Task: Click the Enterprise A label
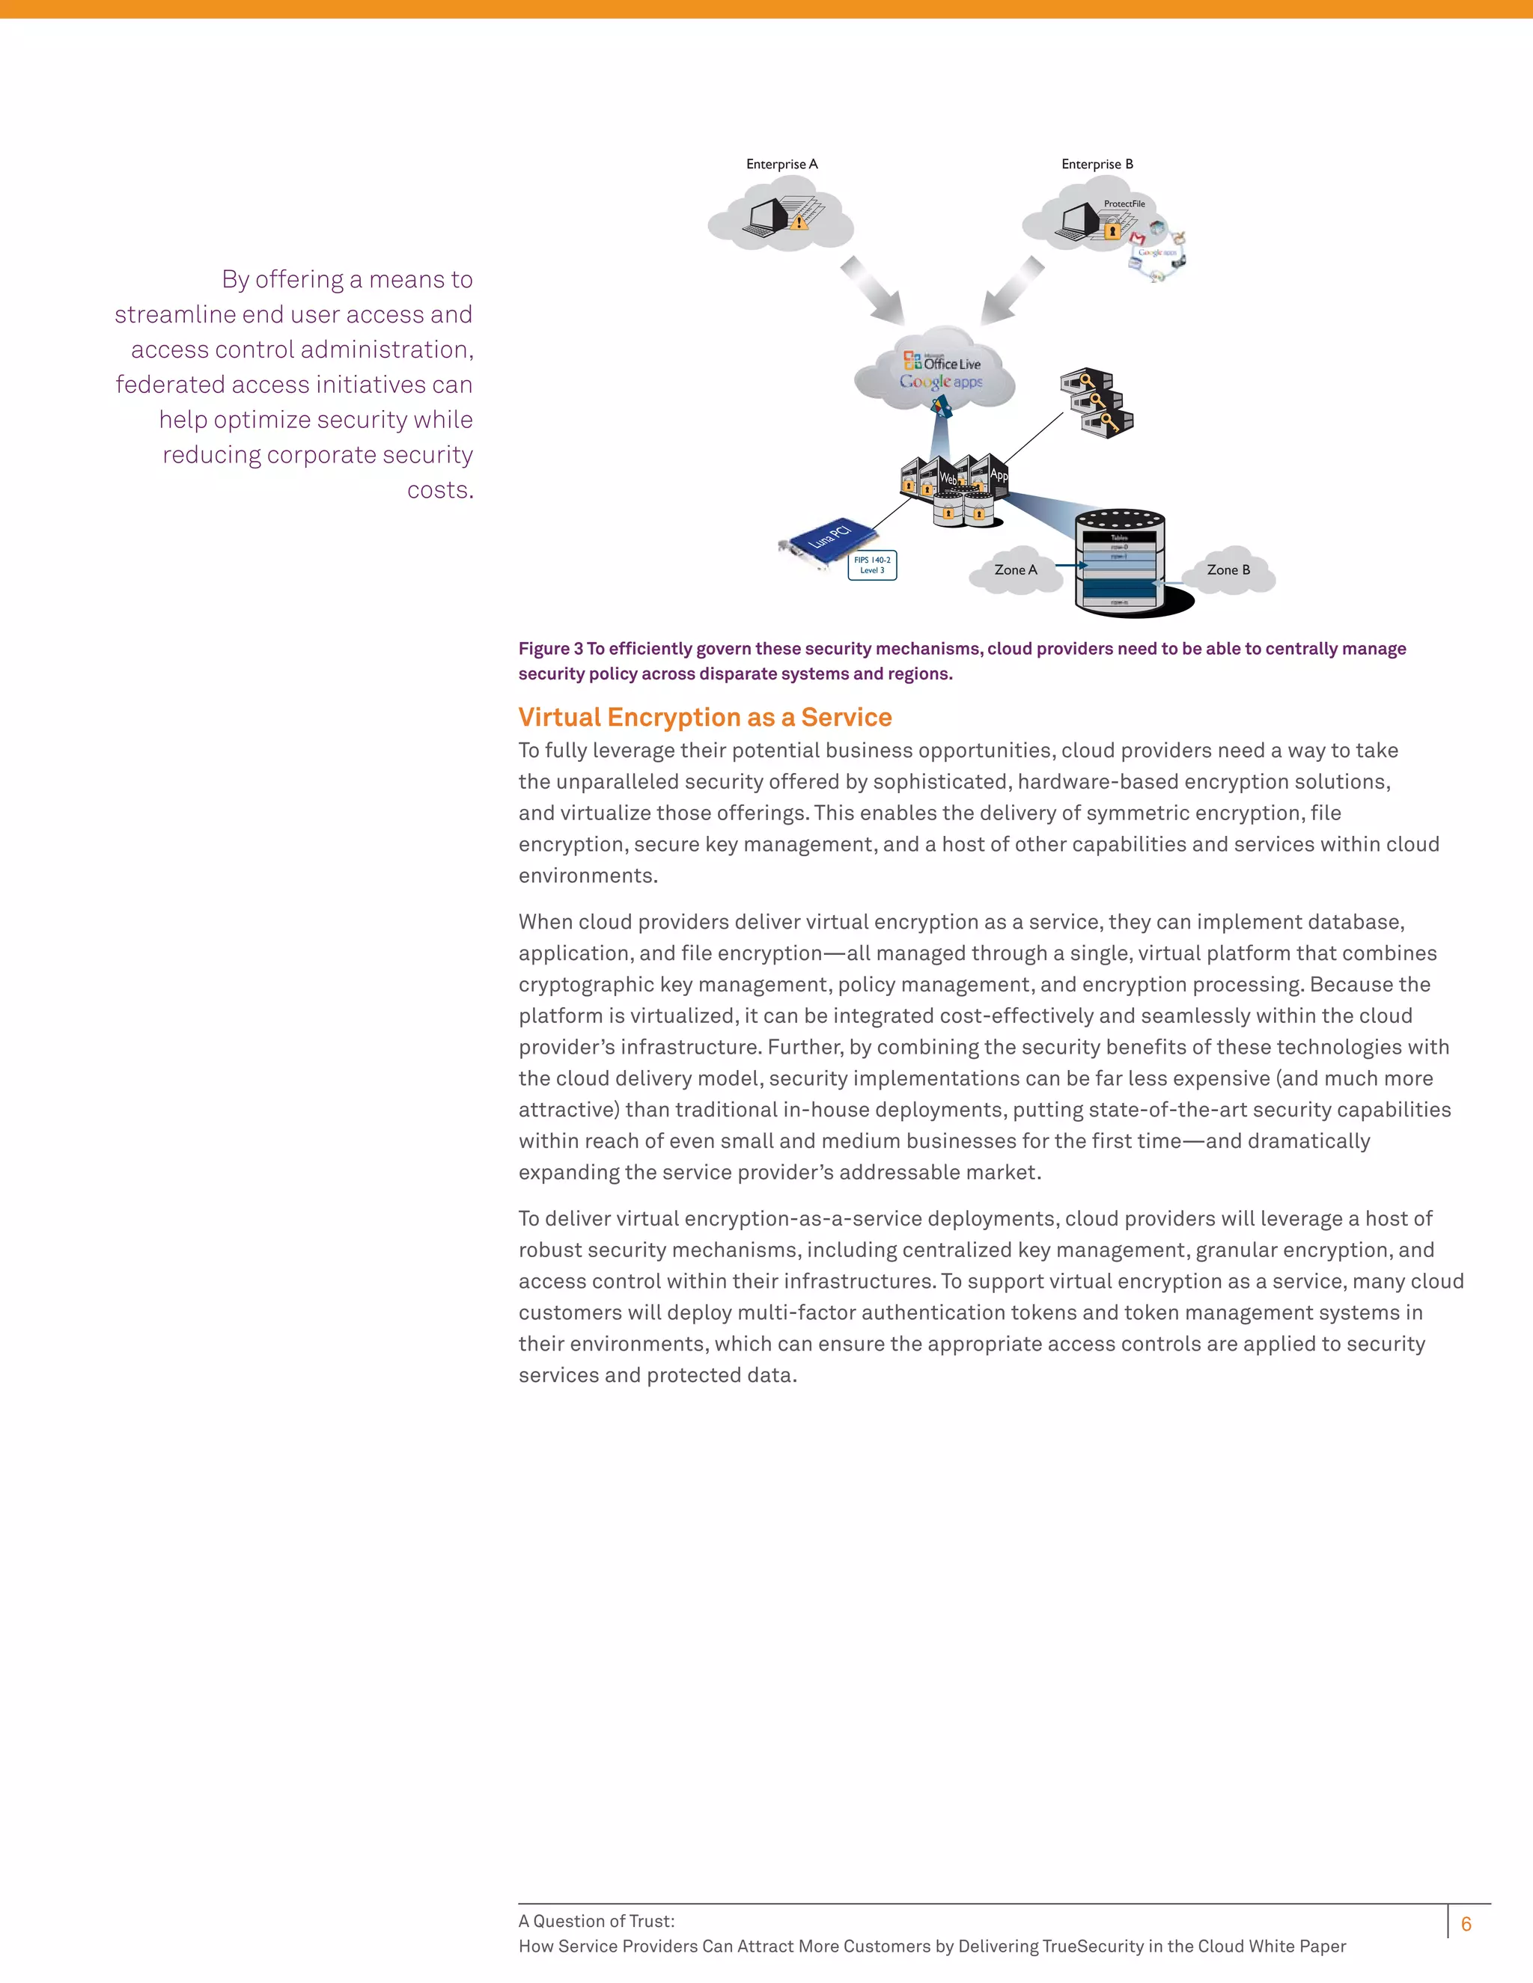782,165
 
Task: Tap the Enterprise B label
1097,165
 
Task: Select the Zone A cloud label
1015,570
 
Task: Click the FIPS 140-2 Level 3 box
872,565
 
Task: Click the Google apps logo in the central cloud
941,382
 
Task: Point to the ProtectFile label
1124,204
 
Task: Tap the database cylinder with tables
1120,561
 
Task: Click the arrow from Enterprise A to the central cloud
872,290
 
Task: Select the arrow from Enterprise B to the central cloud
1013,290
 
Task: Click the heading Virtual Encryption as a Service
704,718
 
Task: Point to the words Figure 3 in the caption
550,648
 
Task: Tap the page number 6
1466,1923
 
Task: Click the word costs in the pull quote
439,489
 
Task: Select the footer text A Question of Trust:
597,1920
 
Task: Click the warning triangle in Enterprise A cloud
799,221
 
